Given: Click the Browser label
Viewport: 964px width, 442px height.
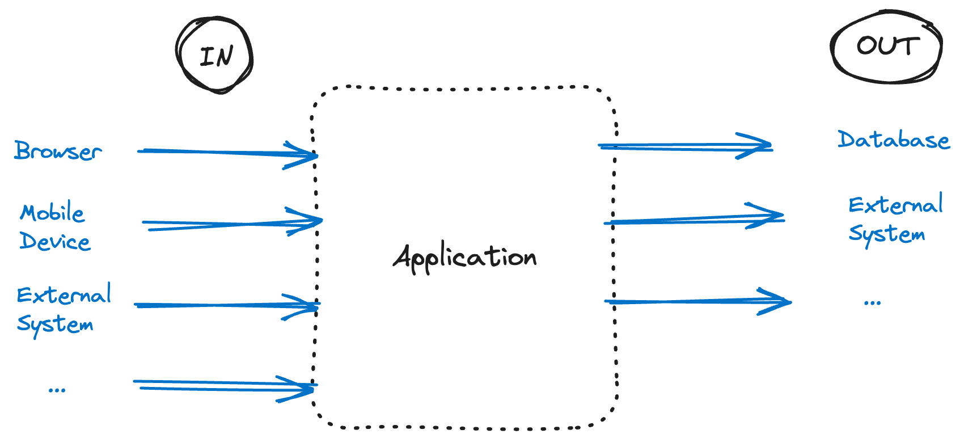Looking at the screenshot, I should point(58,151).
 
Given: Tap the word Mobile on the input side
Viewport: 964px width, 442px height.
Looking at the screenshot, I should point(52,213).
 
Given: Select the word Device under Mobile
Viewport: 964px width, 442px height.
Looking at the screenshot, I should point(55,242).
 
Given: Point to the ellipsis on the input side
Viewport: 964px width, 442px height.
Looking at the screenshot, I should point(57,389).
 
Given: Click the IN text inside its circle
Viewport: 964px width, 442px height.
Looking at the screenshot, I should point(216,56).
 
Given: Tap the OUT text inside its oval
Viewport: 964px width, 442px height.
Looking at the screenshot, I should point(887,47).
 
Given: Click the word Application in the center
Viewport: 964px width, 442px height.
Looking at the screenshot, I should point(465,258).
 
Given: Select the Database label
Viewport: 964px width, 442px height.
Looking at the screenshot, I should point(893,140).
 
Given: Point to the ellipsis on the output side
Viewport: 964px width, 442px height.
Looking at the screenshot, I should point(872,302).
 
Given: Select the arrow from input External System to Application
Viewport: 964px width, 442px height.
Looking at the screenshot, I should point(227,305).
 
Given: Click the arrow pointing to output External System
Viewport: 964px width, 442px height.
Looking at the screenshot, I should point(692,220).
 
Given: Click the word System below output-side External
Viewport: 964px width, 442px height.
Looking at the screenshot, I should point(886,234).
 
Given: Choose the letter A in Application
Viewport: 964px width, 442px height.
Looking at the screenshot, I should point(404,258).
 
